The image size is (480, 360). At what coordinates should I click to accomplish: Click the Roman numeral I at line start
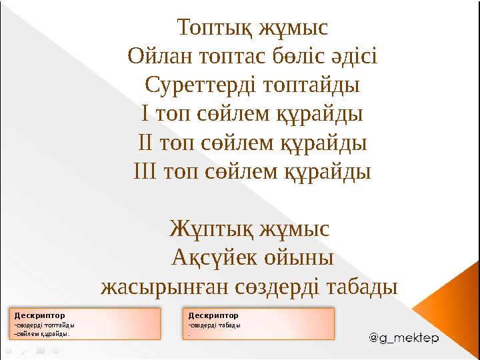(145, 115)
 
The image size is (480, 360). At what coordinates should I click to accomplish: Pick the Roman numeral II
(145, 143)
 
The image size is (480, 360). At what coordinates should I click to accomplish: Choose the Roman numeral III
(145, 172)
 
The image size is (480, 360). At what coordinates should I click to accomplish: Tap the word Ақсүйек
(211, 258)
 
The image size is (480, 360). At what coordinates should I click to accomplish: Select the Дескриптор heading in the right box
(213, 315)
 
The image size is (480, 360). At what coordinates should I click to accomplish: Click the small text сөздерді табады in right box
(214, 325)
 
